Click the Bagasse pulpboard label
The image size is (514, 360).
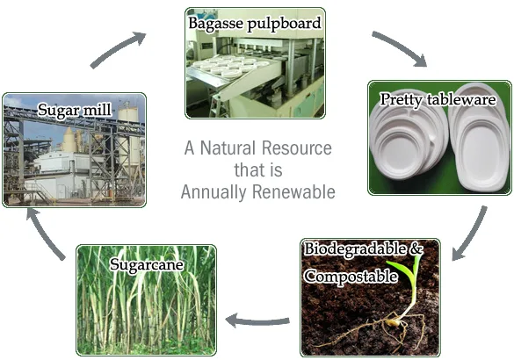tap(254, 23)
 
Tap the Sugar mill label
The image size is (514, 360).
tap(74, 110)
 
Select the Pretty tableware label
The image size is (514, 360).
tap(438, 99)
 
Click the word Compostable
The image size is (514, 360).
tap(346, 276)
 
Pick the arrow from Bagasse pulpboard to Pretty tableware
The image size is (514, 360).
tap(400, 48)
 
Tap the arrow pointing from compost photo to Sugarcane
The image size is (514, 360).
tap(256, 320)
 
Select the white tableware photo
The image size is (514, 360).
tap(438, 145)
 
